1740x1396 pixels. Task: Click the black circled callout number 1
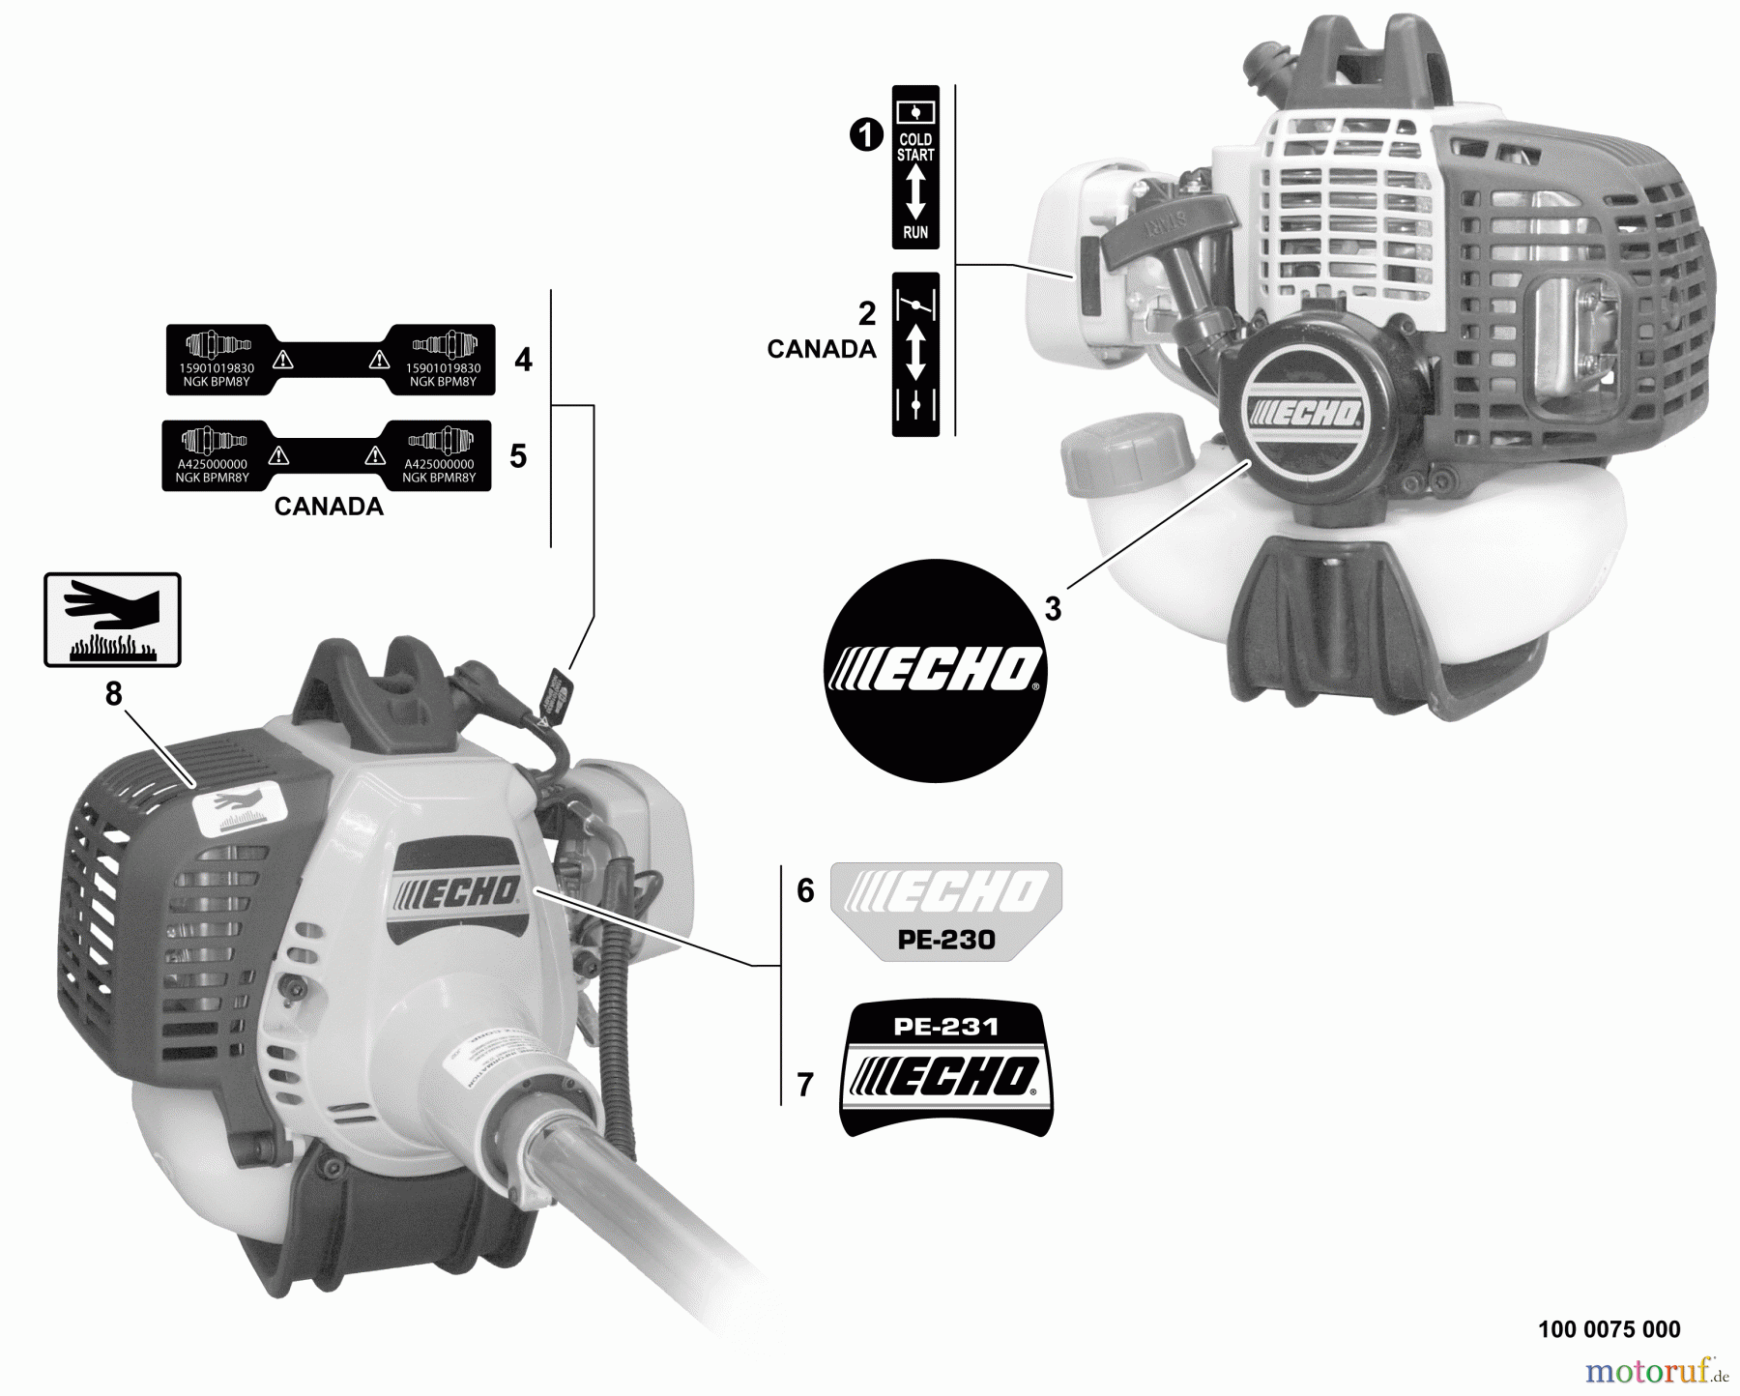(x=866, y=135)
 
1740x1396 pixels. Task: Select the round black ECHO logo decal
(x=935, y=670)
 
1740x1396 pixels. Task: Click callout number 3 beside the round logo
(x=1053, y=609)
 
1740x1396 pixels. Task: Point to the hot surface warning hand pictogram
(x=112, y=620)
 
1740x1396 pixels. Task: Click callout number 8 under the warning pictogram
(x=114, y=694)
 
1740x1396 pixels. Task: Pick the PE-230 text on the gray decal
(x=945, y=940)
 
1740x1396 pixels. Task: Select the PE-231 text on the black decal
(x=945, y=1027)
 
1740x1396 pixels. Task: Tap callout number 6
(x=805, y=890)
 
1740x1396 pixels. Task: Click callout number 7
(x=805, y=1086)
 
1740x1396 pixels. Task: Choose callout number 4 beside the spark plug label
(x=523, y=361)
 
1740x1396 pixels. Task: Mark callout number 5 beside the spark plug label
(x=518, y=456)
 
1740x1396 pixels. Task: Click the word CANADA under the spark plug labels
(x=329, y=507)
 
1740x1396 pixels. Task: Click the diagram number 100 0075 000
(x=1609, y=1329)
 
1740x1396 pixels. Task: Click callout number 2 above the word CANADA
(x=867, y=313)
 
